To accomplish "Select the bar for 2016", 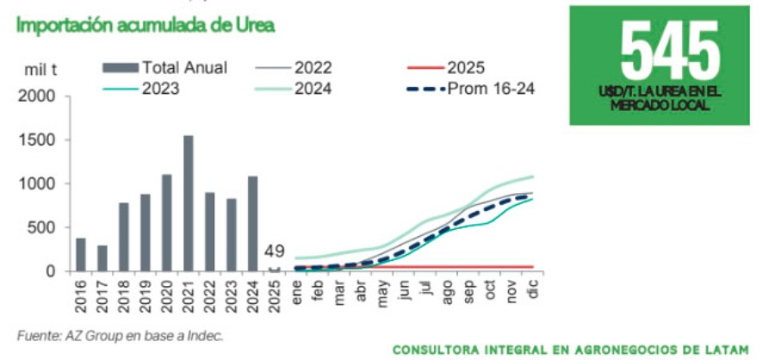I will tap(81, 255).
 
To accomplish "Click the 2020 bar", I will tap(166, 223).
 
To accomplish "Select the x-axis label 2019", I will tap(146, 297).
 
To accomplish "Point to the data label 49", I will tap(274, 251).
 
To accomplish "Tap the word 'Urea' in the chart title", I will tap(255, 26).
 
